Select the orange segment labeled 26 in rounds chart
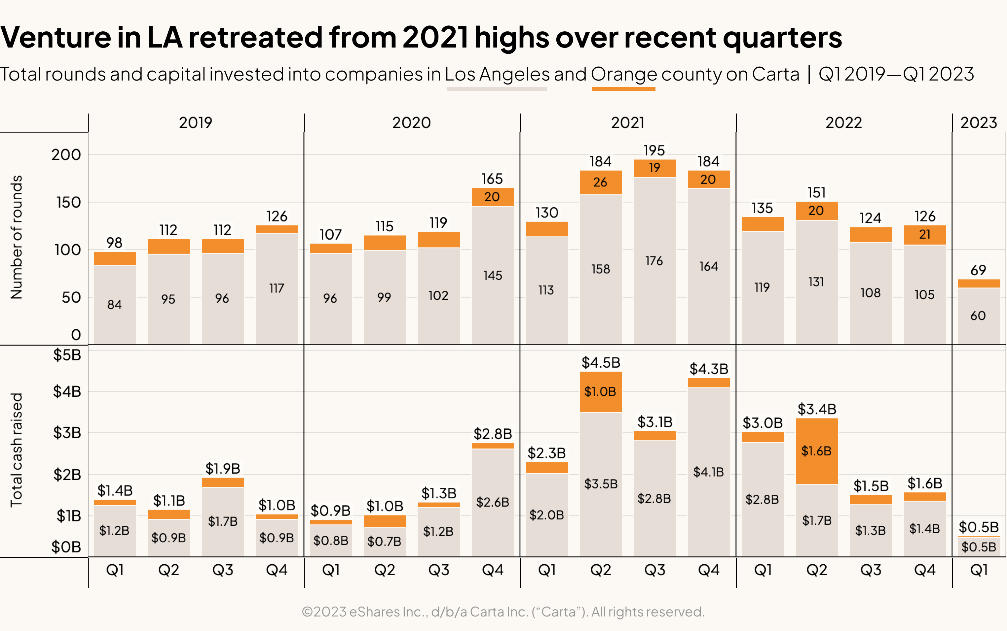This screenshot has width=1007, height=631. tap(600, 183)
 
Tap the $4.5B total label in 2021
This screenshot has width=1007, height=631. tap(601, 362)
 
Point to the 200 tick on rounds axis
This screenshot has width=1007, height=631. tap(66, 155)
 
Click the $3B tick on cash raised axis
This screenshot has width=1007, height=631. tap(67, 433)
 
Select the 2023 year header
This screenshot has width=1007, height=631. tap(978, 123)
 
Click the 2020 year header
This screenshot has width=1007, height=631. tap(411, 123)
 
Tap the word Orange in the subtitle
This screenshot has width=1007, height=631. tap(623, 74)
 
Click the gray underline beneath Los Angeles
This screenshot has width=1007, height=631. tap(496, 89)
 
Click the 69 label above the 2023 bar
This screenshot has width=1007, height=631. tap(978, 270)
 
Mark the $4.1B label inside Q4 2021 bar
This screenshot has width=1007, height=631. tap(708, 472)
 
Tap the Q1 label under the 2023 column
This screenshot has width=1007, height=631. tap(979, 570)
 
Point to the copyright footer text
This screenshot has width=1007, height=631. tap(503, 612)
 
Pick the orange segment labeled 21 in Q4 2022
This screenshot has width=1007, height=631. tap(924, 235)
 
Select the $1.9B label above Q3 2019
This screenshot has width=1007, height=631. tap(223, 468)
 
